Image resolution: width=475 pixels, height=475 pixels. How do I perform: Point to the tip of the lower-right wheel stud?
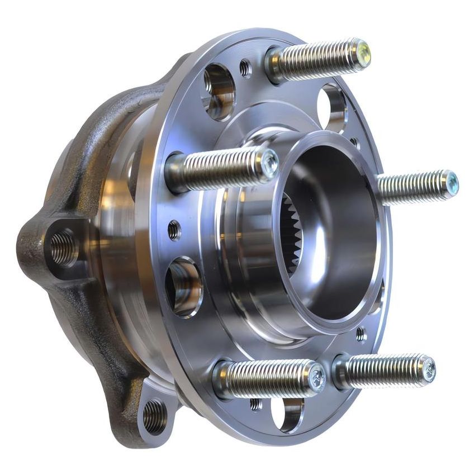coord(428,369)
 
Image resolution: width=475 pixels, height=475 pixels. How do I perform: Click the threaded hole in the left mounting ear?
coord(63,249)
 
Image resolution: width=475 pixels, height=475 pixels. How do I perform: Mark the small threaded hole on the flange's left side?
coord(174,229)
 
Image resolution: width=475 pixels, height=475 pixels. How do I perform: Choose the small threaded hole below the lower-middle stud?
coord(256,403)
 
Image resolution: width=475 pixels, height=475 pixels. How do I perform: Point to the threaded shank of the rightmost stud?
coord(411,188)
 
